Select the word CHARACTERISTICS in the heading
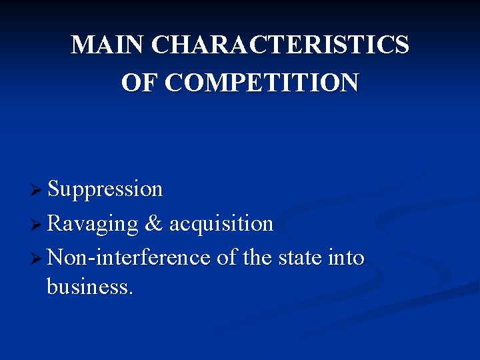280,45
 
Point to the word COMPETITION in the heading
261,83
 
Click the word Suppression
105,189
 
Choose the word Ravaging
93,223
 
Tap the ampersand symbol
153,223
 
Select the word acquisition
221,223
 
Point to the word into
346,257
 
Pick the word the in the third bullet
257,257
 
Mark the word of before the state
227,257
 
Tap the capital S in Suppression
54,189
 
